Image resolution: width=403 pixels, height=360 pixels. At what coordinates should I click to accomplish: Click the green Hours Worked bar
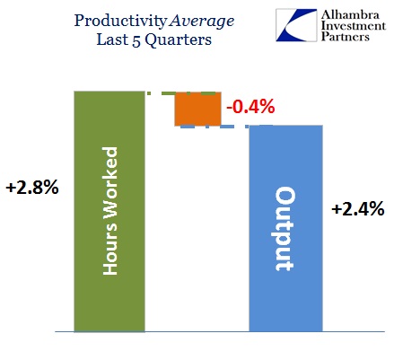click(110, 211)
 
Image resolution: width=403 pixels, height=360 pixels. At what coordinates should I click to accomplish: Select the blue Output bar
click(285, 228)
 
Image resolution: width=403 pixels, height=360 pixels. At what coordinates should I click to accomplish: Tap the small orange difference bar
click(198, 109)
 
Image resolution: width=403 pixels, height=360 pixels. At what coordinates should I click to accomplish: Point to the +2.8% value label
click(32, 188)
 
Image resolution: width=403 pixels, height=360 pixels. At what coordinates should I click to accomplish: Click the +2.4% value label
click(358, 208)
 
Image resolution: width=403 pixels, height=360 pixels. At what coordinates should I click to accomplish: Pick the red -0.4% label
click(250, 107)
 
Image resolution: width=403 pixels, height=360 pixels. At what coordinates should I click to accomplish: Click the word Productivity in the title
click(120, 22)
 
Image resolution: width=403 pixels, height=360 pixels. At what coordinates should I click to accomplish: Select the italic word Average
click(202, 22)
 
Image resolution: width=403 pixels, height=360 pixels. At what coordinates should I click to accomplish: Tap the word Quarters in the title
click(179, 40)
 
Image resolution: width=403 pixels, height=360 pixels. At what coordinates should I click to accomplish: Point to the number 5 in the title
click(136, 40)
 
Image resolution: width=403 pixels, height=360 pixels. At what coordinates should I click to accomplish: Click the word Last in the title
click(112, 40)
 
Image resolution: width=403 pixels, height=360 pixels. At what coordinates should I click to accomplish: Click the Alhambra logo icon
click(296, 25)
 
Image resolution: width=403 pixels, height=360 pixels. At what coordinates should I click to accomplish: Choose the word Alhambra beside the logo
click(350, 14)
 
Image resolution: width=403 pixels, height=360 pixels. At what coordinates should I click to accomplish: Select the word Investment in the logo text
click(354, 26)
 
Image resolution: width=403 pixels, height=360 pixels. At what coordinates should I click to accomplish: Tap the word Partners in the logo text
click(345, 37)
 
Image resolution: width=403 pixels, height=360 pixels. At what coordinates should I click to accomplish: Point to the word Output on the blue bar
click(285, 229)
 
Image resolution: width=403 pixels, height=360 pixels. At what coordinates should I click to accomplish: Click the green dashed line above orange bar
click(181, 93)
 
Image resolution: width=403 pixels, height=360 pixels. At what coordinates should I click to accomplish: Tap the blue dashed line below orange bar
click(226, 127)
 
